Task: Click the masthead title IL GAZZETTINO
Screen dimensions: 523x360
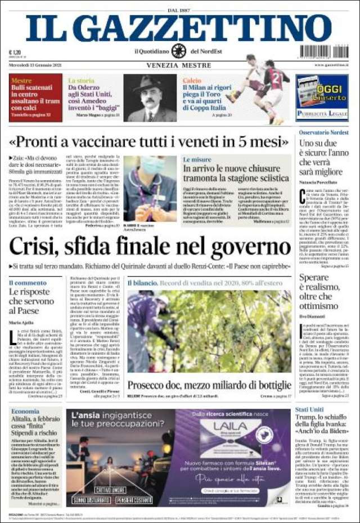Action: (179, 28)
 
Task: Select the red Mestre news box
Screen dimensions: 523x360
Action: (35, 97)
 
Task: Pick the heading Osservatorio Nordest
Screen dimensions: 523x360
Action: (323, 132)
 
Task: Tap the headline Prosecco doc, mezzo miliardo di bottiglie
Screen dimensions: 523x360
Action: (209, 385)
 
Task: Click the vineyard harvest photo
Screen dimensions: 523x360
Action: (209, 332)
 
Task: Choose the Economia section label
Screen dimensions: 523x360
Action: (25, 412)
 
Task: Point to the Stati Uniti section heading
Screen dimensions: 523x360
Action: (309, 409)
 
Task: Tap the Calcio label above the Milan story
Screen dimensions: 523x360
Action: (191, 81)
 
